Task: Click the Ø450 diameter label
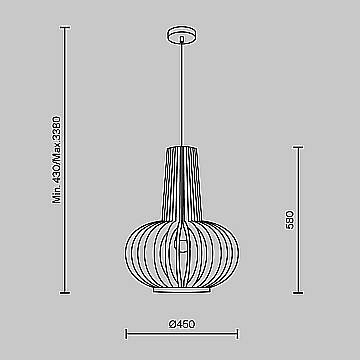(182, 324)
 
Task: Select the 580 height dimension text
(290, 221)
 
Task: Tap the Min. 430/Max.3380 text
(57, 160)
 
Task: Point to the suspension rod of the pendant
(182, 92)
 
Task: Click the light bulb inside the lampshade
(182, 246)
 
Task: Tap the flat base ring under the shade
(182, 291)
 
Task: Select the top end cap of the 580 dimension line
(298, 147)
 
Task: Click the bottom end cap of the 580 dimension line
(298, 293)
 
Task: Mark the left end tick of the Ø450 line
(126, 333)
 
